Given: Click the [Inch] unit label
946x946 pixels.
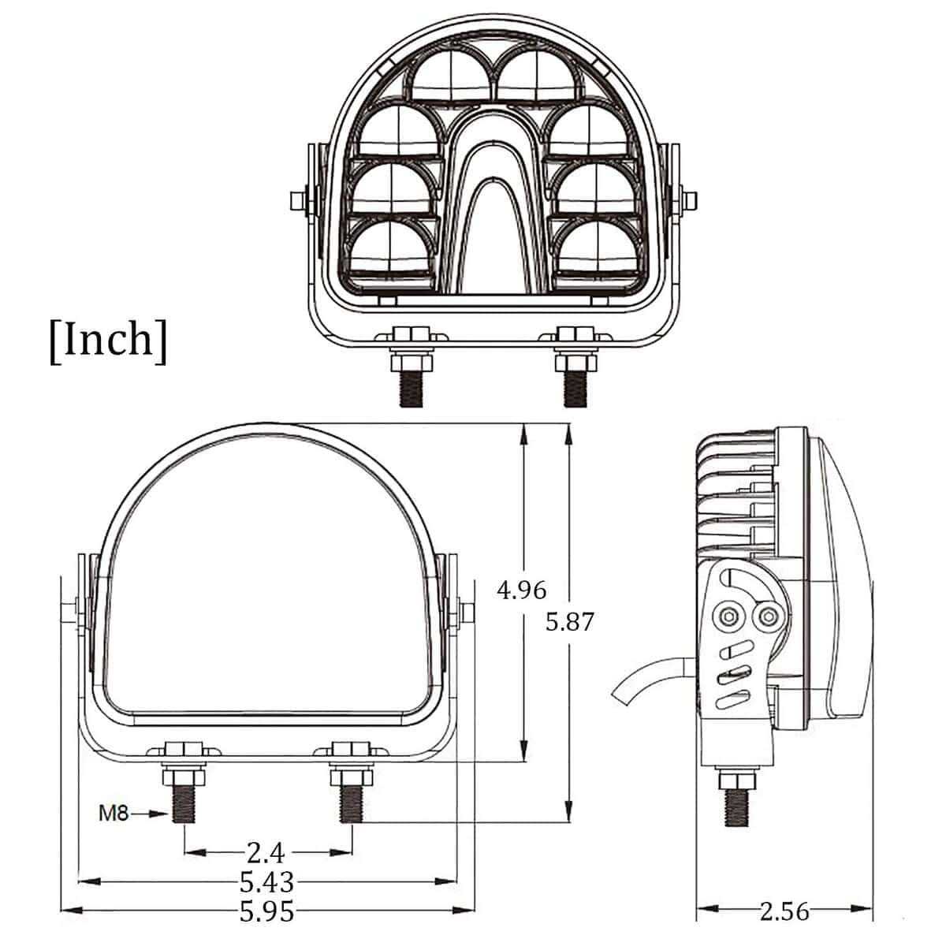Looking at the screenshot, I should pos(108,340).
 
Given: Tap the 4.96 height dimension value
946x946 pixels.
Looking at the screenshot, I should pos(521,590).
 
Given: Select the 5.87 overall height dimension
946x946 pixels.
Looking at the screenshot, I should pos(569,622).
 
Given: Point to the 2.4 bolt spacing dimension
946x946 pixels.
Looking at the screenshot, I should pos(265,852).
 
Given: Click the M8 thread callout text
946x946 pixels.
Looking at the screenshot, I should pos(113,813).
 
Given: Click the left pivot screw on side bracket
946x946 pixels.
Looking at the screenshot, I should pos(727,616).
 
